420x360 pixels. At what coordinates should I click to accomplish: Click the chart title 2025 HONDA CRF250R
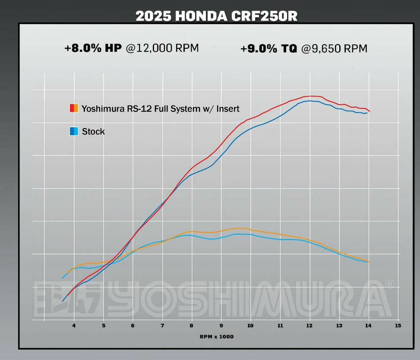(216, 16)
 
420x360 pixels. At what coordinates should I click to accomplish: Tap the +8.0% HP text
(93, 48)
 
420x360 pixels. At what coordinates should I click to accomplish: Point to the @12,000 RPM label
(162, 48)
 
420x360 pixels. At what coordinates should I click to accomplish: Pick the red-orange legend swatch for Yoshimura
(74, 108)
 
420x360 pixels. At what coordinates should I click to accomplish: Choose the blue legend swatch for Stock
(74, 131)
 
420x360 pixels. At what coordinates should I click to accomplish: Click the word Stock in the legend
(93, 131)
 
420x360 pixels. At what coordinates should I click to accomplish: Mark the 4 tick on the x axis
(74, 325)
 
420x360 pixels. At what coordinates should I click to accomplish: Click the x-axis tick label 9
(221, 325)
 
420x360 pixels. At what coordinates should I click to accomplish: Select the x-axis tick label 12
(309, 325)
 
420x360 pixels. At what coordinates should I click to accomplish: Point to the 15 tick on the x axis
(398, 325)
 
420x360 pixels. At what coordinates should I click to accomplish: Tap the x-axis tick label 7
(162, 325)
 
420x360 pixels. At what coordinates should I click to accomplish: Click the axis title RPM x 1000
(216, 336)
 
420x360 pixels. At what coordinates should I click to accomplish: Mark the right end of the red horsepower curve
(369, 111)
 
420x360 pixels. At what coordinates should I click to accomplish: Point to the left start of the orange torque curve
(63, 278)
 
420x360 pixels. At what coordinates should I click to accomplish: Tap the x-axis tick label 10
(250, 325)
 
